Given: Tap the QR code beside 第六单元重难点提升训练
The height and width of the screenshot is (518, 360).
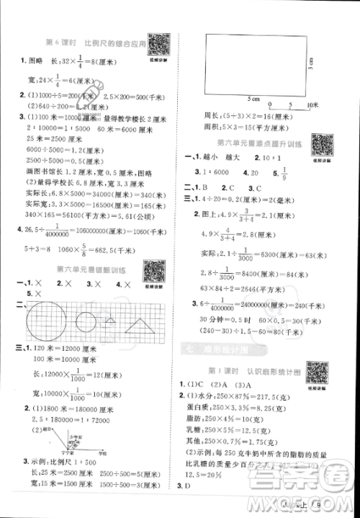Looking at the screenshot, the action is point(320,145).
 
